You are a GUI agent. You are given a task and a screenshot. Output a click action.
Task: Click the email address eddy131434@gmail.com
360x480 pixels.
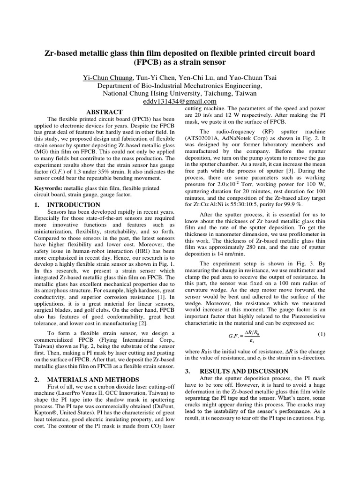click(180, 101)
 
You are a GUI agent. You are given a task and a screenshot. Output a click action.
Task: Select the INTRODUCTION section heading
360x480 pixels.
click(74, 205)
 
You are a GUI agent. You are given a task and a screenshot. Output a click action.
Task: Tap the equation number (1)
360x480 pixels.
click(321, 334)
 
